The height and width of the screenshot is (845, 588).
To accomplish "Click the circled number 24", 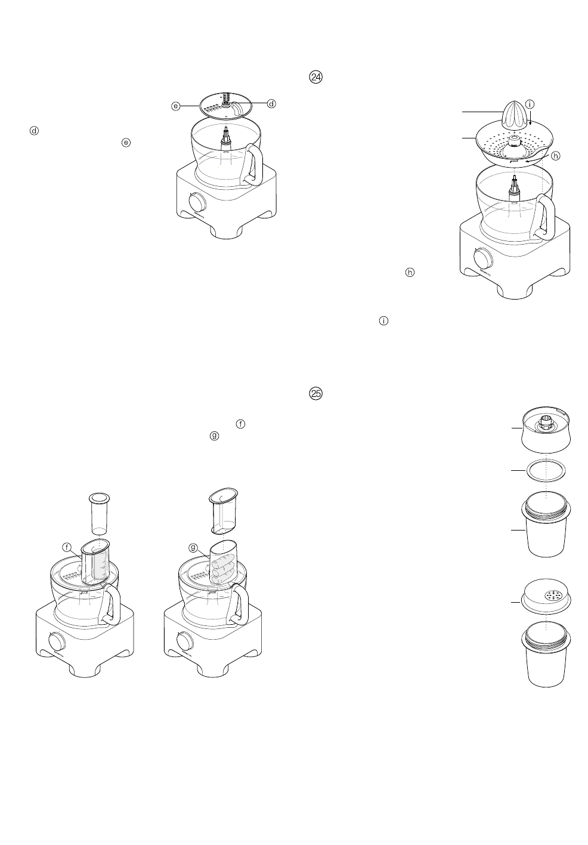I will (315, 78).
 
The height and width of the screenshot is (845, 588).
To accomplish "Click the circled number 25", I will (315, 393).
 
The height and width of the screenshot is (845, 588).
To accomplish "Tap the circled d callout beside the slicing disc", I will (271, 104).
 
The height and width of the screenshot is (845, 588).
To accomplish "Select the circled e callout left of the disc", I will (176, 106).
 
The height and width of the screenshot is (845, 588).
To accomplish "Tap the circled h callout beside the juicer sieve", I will (556, 155).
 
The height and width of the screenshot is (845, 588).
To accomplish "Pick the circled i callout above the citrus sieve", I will (529, 105).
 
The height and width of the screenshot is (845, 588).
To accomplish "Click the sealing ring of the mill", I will (544, 470).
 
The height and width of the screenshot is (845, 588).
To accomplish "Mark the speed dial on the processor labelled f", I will (57, 642).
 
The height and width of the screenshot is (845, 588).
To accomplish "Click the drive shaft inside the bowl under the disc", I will (227, 138).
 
